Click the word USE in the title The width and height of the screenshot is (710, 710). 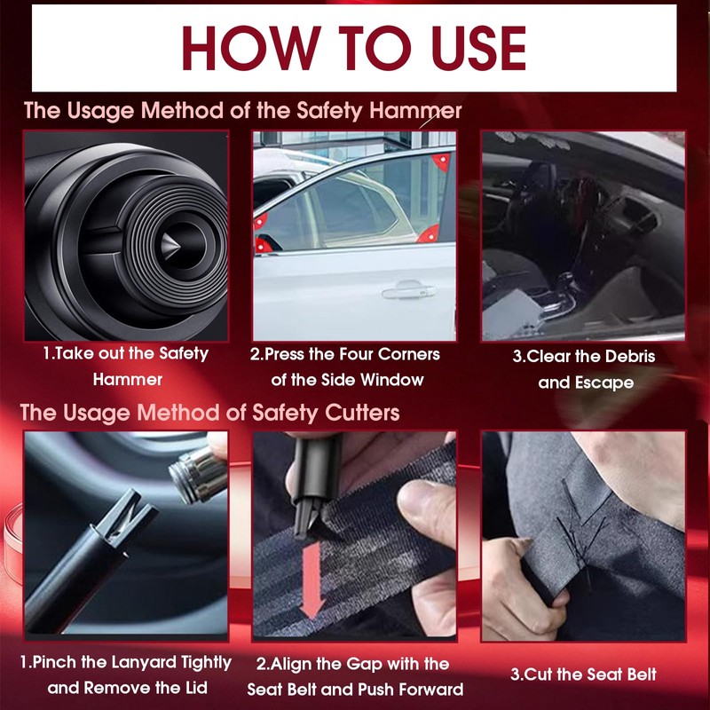(479, 48)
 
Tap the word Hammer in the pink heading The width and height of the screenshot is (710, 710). (415, 110)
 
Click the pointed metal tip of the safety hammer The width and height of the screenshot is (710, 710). (170, 246)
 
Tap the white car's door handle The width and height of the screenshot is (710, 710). (408, 290)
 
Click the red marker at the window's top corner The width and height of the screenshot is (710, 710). (440, 162)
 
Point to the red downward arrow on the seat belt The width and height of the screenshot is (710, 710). (312, 580)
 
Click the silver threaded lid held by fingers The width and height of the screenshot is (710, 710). (198, 473)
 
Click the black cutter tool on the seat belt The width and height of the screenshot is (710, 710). (315, 481)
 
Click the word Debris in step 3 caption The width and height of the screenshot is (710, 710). (630, 357)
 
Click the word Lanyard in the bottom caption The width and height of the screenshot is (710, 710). (144, 662)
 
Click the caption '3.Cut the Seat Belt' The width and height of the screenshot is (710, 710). (583, 674)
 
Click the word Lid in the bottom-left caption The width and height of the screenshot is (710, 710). (196, 688)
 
